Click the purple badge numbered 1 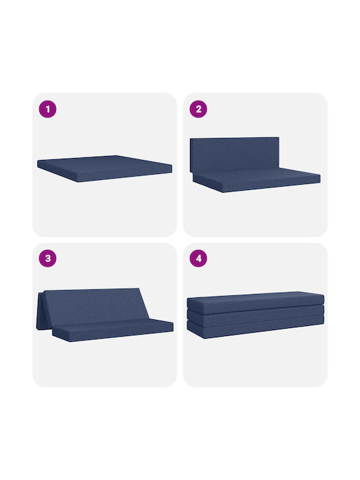47,109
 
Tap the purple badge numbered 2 199,109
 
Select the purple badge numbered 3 47,259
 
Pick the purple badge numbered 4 199,259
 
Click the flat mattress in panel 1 105,169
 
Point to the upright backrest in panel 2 235,155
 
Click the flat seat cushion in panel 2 257,180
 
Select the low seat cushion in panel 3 113,330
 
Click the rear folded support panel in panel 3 40,311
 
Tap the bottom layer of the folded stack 255,329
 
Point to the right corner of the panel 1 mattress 172,165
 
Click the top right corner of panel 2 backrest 279,137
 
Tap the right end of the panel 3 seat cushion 173,326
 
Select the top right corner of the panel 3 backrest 139,289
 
